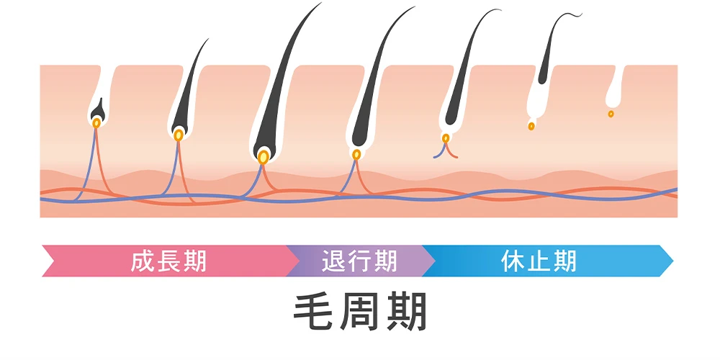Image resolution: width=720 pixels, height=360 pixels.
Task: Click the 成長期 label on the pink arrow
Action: [x=168, y=261]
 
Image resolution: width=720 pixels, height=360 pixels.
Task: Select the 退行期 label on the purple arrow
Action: [x=359, y=261]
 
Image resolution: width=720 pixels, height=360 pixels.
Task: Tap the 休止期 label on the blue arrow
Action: [x=539, y=261]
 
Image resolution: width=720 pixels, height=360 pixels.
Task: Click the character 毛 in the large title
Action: [x=315, y=312]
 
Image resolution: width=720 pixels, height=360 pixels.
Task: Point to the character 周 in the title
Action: [x=361, y=312]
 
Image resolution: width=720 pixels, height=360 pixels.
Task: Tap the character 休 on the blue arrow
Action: [x=513, y=261]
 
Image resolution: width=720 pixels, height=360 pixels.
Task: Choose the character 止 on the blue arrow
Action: [x=539, y=261]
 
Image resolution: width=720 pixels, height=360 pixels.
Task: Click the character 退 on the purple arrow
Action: [x=334, y=261]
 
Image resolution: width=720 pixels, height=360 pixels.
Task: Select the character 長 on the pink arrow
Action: [x=168, y=261]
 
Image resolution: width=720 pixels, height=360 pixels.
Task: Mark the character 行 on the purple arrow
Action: [x=359, y=261]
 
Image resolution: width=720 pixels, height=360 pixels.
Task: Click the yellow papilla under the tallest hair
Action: [x=263, y=157]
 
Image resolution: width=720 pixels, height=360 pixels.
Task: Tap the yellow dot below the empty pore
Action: [x=611, y=114]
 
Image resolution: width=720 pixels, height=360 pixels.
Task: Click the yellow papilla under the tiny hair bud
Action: [x=96, y=123]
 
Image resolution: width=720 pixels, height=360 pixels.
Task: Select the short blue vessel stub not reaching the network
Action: [x=439, y=151]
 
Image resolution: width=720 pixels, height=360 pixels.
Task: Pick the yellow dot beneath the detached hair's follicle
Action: [x=531, y=126]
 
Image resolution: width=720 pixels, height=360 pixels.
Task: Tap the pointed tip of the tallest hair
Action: [x=320, y=3]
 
